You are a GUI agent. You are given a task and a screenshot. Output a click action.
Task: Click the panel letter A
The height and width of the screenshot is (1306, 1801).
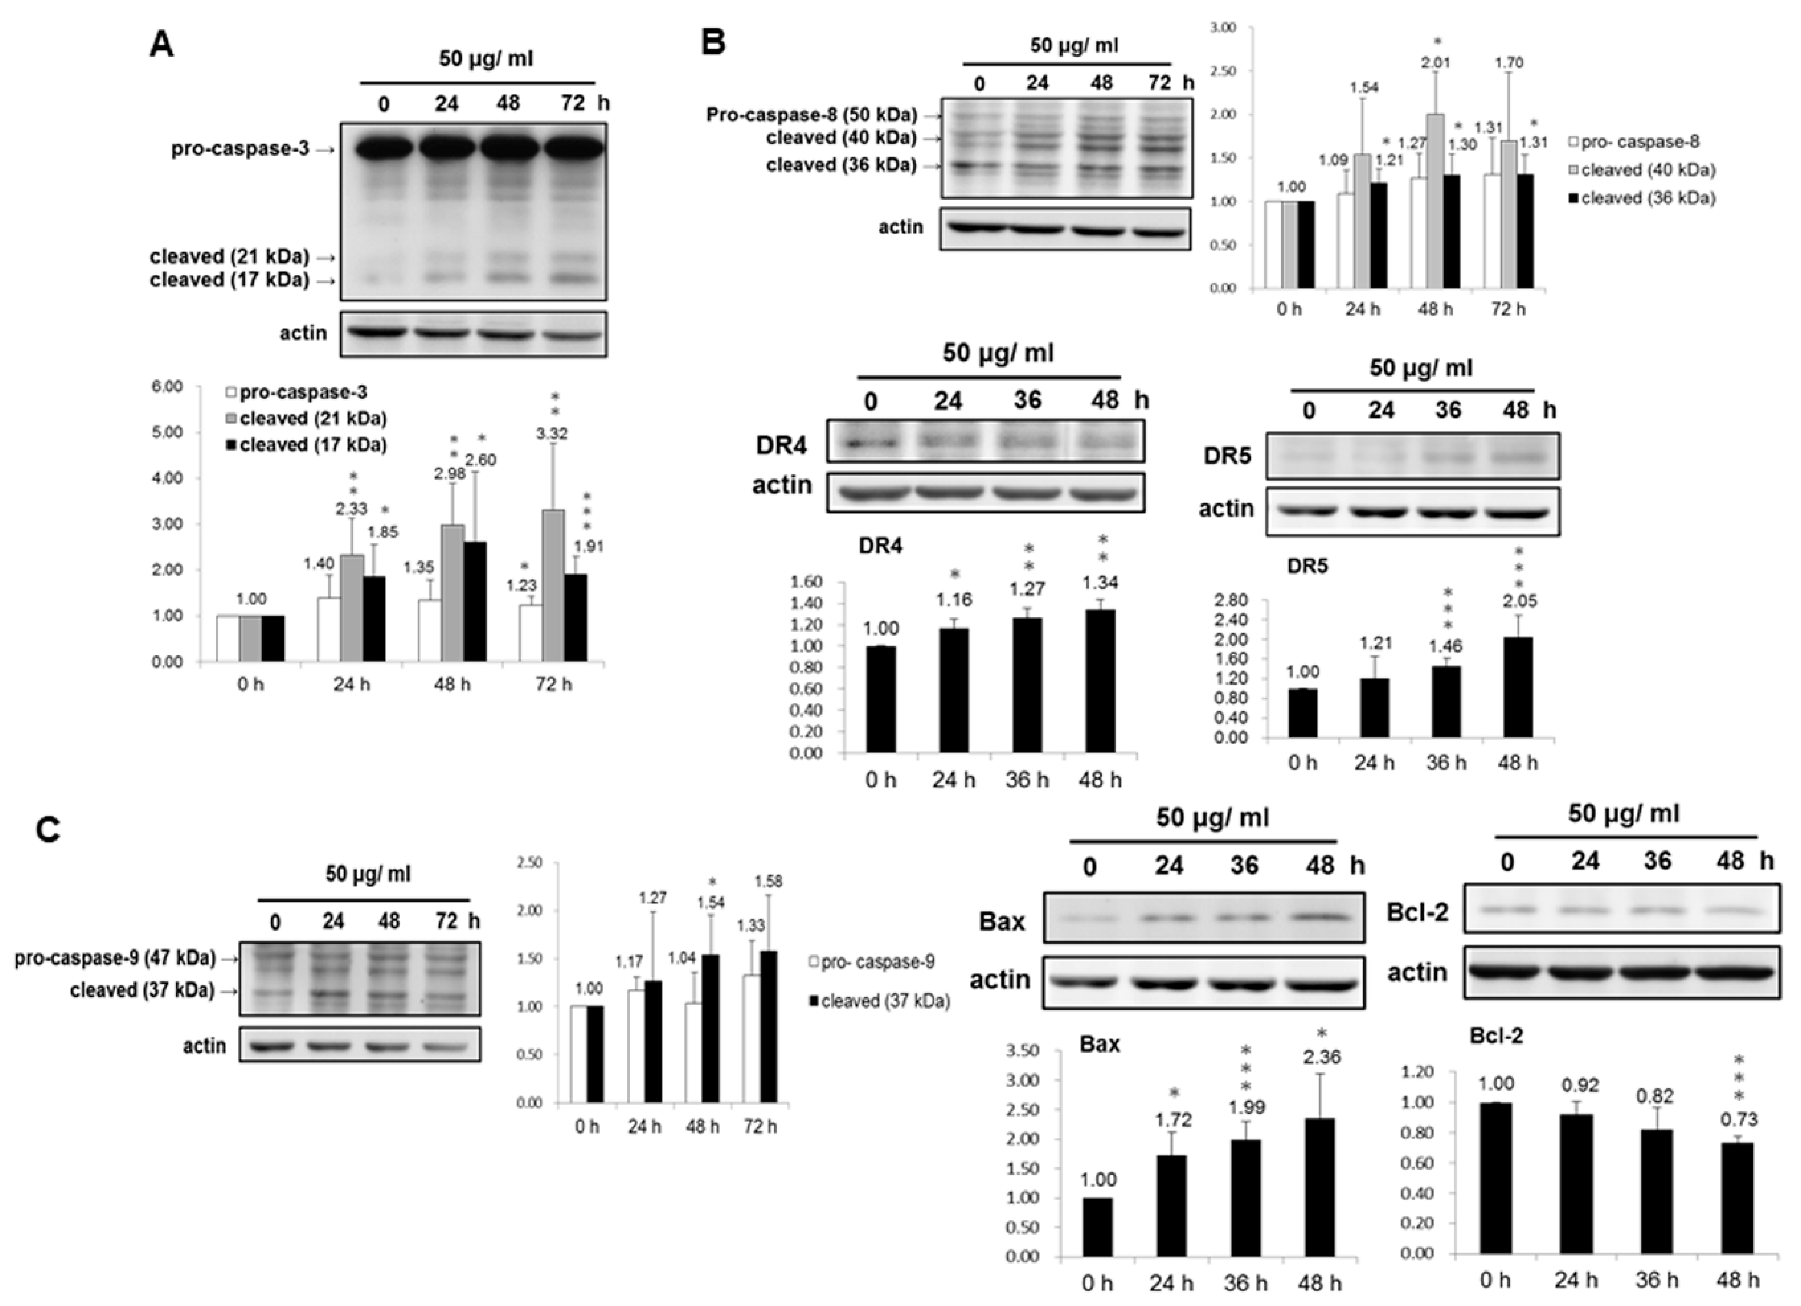[x=162, y=45]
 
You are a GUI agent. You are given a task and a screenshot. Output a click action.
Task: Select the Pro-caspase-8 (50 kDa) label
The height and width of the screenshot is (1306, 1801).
[x=812, y=115]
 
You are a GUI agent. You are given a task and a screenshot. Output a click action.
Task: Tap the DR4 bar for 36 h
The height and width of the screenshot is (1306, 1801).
[x=1027, y=685]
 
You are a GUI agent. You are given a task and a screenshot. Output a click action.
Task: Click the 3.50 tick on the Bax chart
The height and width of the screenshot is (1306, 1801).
[x=1022, y=1051]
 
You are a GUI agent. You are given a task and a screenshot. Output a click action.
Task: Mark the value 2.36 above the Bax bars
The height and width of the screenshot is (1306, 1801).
[x=1320, y=1057]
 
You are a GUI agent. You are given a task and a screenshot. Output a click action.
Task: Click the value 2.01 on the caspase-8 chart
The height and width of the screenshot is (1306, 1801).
[x=1436, y=63]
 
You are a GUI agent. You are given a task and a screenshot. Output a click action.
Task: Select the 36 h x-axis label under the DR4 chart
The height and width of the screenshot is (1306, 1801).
[x=1027, y=781]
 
